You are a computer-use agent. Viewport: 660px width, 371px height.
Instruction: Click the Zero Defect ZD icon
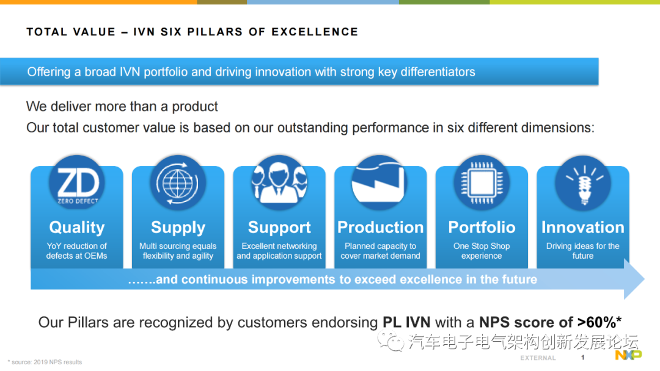(x=77, y=183)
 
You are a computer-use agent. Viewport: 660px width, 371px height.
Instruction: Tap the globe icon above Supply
(x=178, y=183)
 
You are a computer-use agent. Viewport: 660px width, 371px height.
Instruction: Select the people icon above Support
(x=279, y=183)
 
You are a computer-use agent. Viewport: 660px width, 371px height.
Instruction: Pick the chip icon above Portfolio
(x=482, y=183)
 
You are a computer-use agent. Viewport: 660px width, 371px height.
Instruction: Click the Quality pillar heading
(x=76, y=228)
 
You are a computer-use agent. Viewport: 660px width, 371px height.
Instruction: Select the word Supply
(x=178, y=228)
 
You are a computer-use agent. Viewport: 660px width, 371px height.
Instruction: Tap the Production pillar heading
(x=381, y=228)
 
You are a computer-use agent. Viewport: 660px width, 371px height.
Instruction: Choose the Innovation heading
(x=583, y=228)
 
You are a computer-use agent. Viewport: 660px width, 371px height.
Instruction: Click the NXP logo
(x=628, y=355)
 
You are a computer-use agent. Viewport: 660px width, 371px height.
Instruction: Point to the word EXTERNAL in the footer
(x=538, y=358)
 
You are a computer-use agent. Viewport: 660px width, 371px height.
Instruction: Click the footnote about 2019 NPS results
(x=45, y=362)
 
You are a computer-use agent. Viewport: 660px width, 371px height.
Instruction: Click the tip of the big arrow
(x=645, y=279)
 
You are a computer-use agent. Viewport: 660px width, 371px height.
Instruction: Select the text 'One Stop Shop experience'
(x=482, y=251)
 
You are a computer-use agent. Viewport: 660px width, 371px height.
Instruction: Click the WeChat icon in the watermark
(x=390, y=340)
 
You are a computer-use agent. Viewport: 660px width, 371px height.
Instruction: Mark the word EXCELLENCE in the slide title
(x=315, y=32)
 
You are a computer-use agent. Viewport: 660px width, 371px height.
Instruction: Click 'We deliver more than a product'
(x=122, y=107)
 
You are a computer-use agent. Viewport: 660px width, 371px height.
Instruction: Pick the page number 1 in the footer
(x=582, y=358)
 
